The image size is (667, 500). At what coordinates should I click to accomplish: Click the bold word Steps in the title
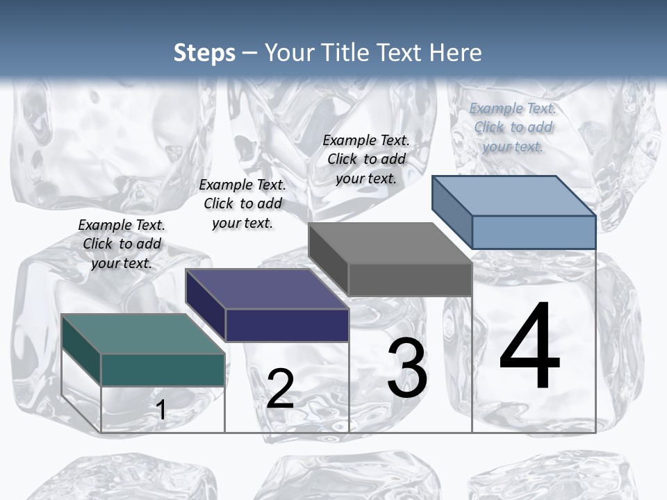click(x=204, y=53)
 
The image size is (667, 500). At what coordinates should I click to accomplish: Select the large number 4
click(x=529, y=347)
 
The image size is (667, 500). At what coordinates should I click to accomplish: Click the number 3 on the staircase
click(x=407, y=369)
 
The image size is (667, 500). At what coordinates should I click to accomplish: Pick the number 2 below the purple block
click(x=280, y=389)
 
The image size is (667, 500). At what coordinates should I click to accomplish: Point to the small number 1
click(x=160, y=410)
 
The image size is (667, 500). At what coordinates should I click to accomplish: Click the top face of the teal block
click(x=143, y=333)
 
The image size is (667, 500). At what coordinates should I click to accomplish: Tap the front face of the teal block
click(x=163, y=369)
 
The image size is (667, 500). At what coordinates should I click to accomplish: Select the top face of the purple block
click(x=267, y=288)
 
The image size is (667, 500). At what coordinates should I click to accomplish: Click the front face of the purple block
click(x=287, y=325)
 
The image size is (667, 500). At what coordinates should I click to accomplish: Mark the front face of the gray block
click(x=410, y=279)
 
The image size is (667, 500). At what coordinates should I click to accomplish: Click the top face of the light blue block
click(x=513, y=195)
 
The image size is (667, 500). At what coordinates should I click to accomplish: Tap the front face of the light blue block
click(x=534, y=232)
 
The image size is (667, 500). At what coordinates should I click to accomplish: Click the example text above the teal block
click(x=122, y=244)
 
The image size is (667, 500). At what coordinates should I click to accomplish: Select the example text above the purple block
click(x=242, y=203)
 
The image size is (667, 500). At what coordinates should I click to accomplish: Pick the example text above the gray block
click(x=366, y=159)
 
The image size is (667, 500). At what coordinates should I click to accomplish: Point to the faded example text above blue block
click(x=513, y=127)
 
